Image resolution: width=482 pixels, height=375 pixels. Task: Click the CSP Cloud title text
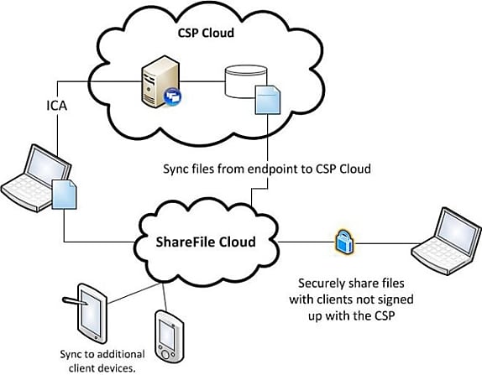[206, 33]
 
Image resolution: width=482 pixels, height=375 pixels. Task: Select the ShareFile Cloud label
[206, 242]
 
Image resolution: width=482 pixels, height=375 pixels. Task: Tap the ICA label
[56, 106]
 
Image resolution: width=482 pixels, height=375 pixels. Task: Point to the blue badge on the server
[172, 96]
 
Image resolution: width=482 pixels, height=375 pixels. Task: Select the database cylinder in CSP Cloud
[245, 81]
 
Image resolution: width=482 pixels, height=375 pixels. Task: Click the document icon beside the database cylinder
[268, 100]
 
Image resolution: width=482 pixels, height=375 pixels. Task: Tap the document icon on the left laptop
[65, 195]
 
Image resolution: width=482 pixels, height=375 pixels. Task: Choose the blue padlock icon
[344, 242]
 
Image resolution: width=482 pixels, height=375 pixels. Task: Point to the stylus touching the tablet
[76, 300]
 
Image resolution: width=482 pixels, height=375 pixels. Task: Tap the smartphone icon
[169, 336]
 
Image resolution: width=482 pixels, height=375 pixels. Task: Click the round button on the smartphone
[165, 354]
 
